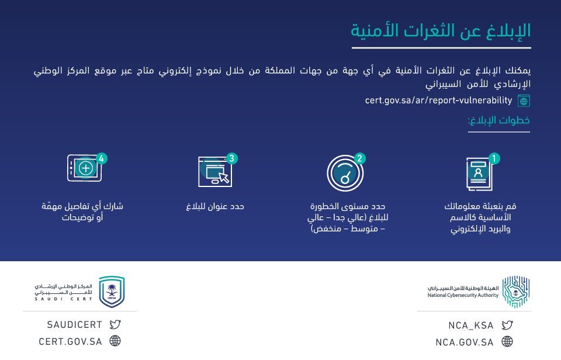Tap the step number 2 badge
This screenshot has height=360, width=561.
coord(361,158)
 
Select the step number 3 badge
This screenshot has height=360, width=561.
coord(232,158)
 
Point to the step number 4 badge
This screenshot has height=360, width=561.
coord(102,158)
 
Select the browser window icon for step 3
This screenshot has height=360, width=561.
coord(214,172)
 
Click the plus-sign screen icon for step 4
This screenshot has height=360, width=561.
coord(85,168)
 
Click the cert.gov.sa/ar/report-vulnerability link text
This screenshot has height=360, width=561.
coord(438,101)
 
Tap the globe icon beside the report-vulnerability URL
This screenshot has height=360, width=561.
coord(524,101)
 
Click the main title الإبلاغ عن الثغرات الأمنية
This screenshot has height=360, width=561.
coord(441,30)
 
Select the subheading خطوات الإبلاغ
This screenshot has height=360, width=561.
coord(498,121)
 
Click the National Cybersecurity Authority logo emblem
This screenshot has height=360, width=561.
coord(516,292)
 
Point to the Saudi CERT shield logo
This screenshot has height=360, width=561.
coord(112,292)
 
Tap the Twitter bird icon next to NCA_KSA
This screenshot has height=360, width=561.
coord(507,326)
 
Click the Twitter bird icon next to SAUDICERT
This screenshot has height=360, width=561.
coord(115,325)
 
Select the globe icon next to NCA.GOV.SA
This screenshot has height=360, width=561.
coord(507,342)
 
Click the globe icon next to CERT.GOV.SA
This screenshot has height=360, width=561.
coord(115,341)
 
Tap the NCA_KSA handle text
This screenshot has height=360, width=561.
coord(471,326)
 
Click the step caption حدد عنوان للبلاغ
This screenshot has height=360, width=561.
coord(215,206)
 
